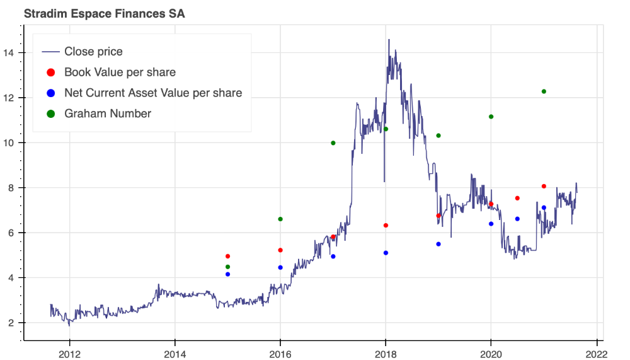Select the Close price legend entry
pyautogui.click(x=93, y=52)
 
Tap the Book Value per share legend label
pyautogui.click(x=120, y=73)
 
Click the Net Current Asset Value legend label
pyautogui.click(x=153, y=93)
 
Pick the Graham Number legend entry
pyautogui.click(x=108, y=114)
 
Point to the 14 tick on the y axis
pyautogui.click(x=10, y=53)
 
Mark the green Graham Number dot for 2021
pyautogui.click(x=544, y=91)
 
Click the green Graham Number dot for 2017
pyautogui.click(x=333, y=143)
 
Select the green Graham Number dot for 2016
pyautogui.click(x=280, y=219)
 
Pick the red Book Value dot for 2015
pyautogui.click(x=227, y=257)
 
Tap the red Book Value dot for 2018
pyautogui.click(x=386, y=226)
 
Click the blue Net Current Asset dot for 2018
pyautogui.click(x=386, y=253)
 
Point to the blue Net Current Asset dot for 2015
pyautogui.click(x=227, y=274)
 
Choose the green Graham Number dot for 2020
pyautogui.click(x=491, y=117)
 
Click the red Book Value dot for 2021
pyautogui.click(x=544, y=186)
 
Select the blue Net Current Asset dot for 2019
pyautogui.click(x=438, y=244)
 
